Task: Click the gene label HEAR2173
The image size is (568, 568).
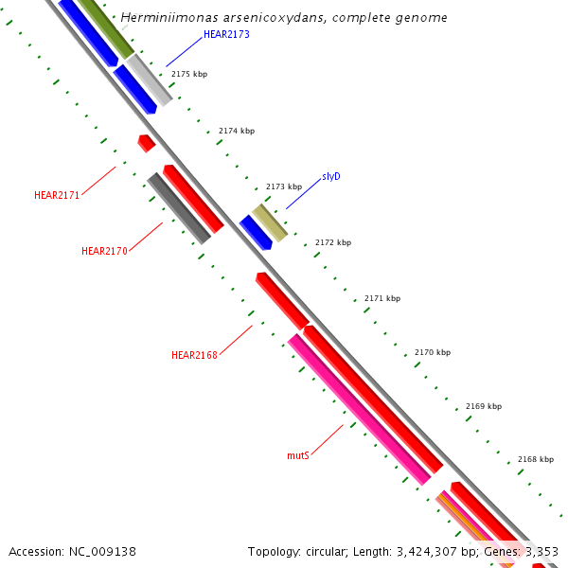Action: [227, 35]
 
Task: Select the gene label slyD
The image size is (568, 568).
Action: [330, 176]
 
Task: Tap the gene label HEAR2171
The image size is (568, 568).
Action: [57, 195]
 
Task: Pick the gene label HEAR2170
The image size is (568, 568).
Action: [104, 251]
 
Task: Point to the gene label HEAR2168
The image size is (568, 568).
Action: [194, 355]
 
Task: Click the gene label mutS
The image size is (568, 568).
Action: [298, 455]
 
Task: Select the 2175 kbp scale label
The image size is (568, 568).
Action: [189, 74]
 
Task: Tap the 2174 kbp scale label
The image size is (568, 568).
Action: [237, 131]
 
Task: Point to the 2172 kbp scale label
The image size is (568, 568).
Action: [333, 242]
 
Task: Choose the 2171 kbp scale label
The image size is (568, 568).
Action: [382, 298]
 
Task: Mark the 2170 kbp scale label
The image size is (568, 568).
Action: [433, 352]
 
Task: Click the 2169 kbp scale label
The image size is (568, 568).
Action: [484, 406]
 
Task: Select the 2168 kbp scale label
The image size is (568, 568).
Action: [536, 459]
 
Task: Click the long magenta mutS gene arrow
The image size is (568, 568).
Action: [360, 410]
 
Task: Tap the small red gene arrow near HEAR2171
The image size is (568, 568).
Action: [146, 143]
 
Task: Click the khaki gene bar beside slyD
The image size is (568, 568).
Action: [269, 222]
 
